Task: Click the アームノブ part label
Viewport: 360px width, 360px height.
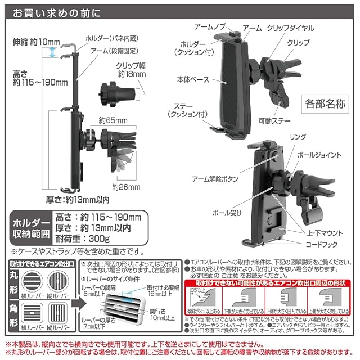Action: [209, 26]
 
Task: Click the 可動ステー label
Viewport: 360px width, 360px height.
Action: [274, 120]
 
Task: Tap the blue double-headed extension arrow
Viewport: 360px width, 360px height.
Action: [53, 52]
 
